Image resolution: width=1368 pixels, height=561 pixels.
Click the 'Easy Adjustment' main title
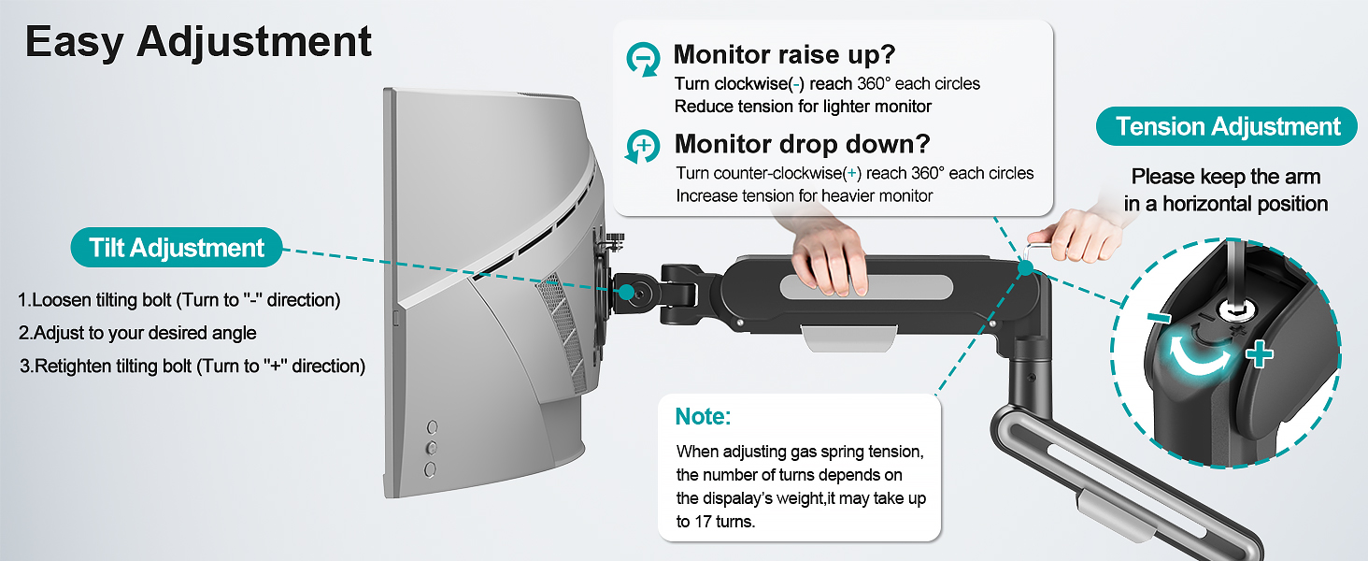point(198,42)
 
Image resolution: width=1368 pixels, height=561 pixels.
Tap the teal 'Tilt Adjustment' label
point(177,248)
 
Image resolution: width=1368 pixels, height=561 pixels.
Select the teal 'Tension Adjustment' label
point(1228,126)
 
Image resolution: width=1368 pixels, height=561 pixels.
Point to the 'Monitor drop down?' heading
point(802,144)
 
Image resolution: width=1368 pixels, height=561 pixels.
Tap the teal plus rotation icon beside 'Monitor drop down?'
point(643,147)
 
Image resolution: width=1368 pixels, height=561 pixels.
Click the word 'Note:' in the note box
point(704,416)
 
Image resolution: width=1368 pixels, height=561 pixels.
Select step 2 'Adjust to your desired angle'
point(137,333)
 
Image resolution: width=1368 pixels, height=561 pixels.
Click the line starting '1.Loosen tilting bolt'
point(179,300)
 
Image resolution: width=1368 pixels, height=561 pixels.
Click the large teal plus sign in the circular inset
point(1260,354)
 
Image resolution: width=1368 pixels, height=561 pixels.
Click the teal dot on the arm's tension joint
point(1026,269)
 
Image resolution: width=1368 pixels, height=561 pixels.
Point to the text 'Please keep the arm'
point(1225,177)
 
